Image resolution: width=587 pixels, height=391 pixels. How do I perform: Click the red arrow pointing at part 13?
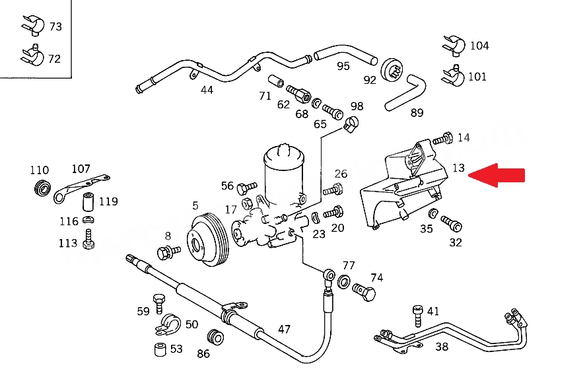click(497, 175)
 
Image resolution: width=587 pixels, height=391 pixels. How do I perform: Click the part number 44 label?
click(207, 90)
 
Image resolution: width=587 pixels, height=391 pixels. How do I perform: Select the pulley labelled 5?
click(208, 239)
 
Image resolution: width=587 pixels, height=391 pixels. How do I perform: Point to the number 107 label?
click(81, 169)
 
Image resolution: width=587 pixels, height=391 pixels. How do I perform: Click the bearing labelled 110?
click(42, 188)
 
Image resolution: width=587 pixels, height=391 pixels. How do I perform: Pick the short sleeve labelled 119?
click(88, 202)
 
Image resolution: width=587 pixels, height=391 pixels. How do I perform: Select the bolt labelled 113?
click(88, 239)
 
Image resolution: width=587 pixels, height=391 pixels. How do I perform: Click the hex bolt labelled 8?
click(168, 252)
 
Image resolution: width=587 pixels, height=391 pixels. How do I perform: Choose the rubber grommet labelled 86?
click(215, 337)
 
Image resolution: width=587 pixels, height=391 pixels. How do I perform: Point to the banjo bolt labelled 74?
click(364, 292)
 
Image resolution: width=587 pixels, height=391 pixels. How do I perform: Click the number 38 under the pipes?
click(442, 347)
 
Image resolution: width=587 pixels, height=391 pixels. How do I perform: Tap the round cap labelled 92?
click(392, 69)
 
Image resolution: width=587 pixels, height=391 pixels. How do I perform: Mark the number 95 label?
click(343, 66)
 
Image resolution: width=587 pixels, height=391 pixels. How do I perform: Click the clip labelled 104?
click(454, 46)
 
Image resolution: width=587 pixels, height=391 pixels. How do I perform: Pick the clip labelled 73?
click(33, 26)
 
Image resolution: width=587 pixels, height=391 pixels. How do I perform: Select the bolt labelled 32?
click(452, 224)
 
